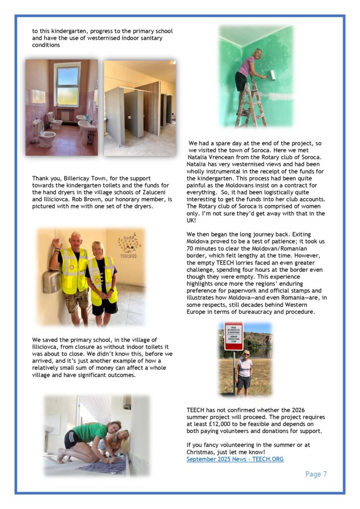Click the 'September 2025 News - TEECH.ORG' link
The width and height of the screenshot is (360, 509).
pos(235,459)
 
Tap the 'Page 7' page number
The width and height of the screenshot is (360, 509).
pos(316,474)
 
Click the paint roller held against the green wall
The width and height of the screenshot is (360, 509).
pos(272,76)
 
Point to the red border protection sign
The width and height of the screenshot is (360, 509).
pos(233,336)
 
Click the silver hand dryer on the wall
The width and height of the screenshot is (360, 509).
pos(52,281)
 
